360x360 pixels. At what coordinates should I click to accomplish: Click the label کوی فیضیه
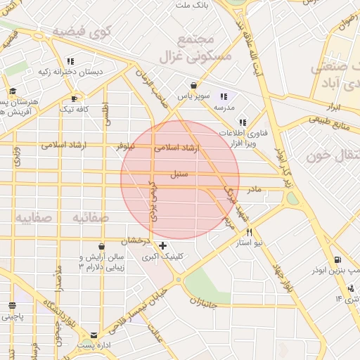[x=84, y=31]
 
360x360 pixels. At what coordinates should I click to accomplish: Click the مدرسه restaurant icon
[x=224, y=96]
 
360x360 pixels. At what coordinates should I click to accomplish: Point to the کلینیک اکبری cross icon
[x=163, y=245]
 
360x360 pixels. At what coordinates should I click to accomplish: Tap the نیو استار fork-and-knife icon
[x=249, y=233]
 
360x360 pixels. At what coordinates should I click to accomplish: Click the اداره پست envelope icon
[x=94, y=335]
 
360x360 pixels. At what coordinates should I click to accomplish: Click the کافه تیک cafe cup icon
[x=74, y=98]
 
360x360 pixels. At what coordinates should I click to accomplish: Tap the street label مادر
[x=254, y=189]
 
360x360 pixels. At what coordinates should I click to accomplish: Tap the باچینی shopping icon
[x=12, y=306]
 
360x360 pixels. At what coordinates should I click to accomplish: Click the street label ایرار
[x=334, y=107]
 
